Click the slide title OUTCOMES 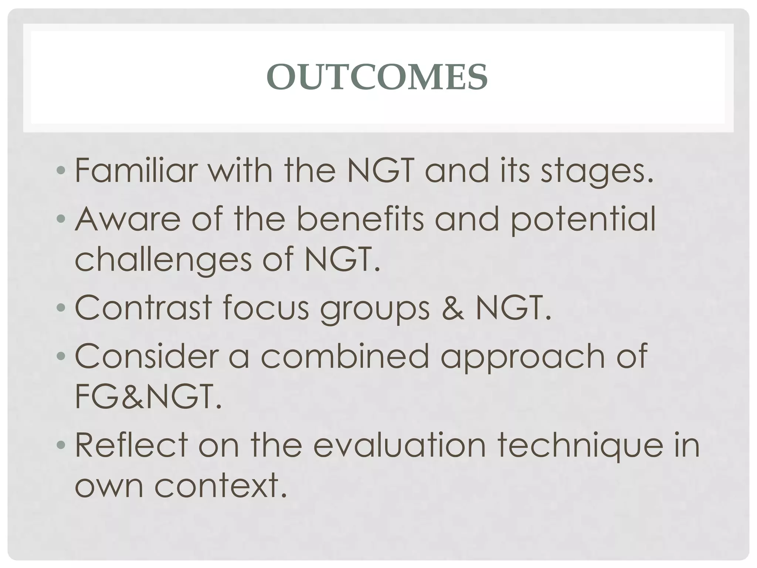pyautogui.click(x=377, y=77)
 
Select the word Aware pyautogui.click(x=128, y=219)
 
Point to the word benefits pyautogui.click(x=360, y=219)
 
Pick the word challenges pyautogui.click(x=163, y=260)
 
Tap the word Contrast pyautogui.click(x=143, y=308)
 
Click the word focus pyautogui.click(x=266, y=308)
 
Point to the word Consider pyautogui.click(x=147, y=356)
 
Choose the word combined pyautogui.click(x=344, y=356)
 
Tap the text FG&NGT pyautogui.click(x=148, y=396)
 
